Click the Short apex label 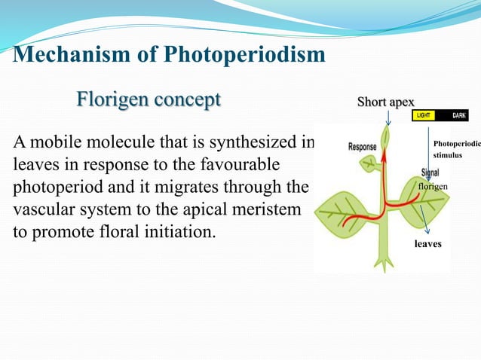(x=385, y=102)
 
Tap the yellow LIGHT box (x=424, y=116)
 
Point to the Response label (x=363, y=147)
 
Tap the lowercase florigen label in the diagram (x=433, y=186)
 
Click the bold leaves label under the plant (x=427, y=245)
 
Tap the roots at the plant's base (x=385, y=262)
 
